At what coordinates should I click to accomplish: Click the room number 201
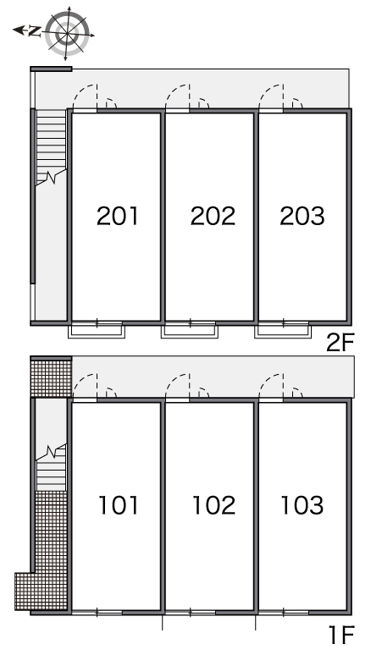[x=117, y=216]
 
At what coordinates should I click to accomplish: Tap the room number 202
[x=213, y=216]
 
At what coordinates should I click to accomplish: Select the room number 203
[x=302, y=216]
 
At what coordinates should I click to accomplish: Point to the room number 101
[x=119, y=505]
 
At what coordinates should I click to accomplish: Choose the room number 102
[x=213, y=505]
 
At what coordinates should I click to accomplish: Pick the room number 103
[x=302, y=505]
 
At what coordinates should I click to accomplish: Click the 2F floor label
[x=340, y=344]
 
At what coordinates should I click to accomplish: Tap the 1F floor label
[x=342, y=636]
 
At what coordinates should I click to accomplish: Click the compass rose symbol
[x=67, y=33]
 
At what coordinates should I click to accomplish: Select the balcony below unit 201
[x=97, y=330]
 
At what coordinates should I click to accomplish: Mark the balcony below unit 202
[x=190, y=330]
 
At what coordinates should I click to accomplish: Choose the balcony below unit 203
[x=283, y=330]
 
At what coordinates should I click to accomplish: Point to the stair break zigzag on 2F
[x=51, y=177]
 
